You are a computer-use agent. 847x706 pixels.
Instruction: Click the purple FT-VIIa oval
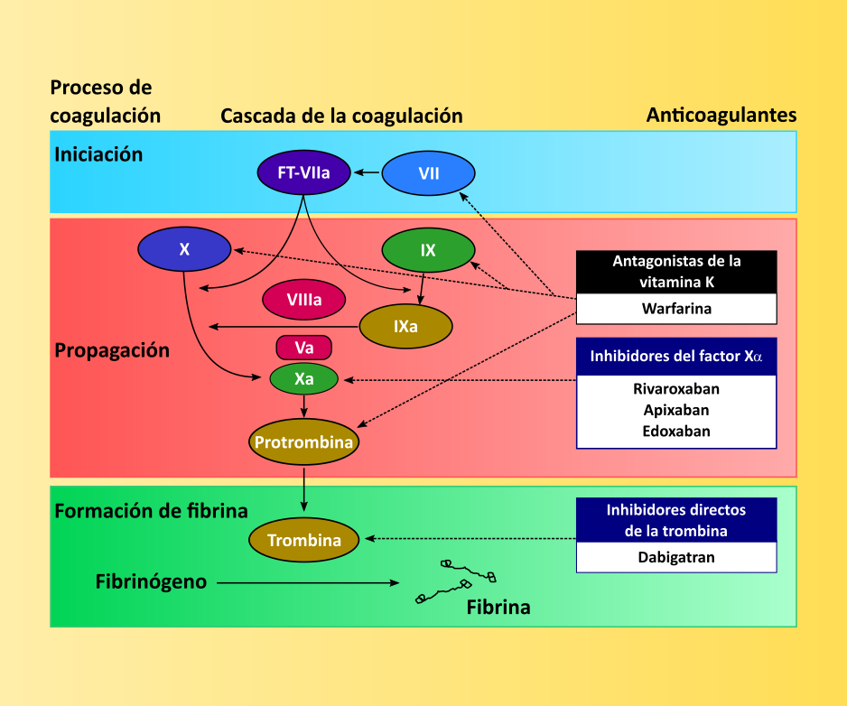[x=303, y=171]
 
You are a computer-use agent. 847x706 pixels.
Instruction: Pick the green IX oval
[x=428, y=250]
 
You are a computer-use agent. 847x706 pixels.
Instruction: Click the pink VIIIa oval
[x=304, y=300]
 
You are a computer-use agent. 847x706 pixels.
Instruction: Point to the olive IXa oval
[x=406, y=327]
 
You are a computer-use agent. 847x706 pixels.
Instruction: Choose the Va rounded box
[x=304, y=348]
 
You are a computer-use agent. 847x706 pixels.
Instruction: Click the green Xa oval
[x=304, y=379]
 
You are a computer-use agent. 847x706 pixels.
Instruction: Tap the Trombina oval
[x=304, y=540]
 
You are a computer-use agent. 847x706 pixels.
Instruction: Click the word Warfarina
[x=676, y=309]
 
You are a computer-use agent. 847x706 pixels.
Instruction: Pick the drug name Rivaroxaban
[x=676, y=389]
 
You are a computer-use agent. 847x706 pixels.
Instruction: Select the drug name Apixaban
[x=676, y=410]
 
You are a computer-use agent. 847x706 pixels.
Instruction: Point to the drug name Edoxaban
[x=676, y=431]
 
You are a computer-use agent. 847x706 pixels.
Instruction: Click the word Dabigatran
[x=676, y=557]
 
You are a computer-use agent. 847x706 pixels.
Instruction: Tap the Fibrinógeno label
[x=151, y=582]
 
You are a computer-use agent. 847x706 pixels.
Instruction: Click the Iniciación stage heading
[x=98, y=154]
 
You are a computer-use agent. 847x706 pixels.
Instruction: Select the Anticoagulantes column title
[x=721, y=116]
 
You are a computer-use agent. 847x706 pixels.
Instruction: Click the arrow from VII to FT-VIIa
[x=367, y=172]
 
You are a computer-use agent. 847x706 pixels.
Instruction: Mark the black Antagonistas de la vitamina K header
[x=676, y=272]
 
